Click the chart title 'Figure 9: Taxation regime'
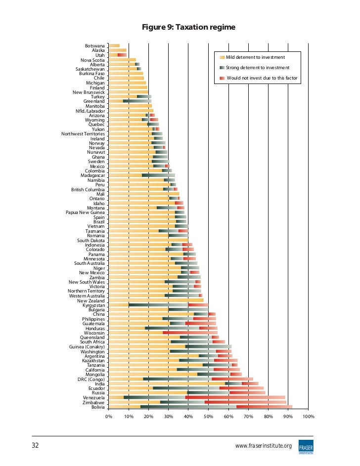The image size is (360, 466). click(x=188, y=27)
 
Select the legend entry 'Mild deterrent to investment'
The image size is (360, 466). click(x=255, y=58)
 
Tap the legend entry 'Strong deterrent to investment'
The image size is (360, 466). click(x=257, y=68)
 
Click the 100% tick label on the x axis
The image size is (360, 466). click(x=308, y=417)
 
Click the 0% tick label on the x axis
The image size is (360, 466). click(x=108, y=417)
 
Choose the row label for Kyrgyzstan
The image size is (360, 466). click(x=90, y=305)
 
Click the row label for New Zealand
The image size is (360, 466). click(x=91, y=300)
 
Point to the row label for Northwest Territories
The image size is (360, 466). click(x=83, y=134)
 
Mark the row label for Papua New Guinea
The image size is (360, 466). click(x=85, y=212)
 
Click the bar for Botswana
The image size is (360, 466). click(x=114, y=45)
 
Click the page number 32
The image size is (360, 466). click(x=35, y=445)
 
